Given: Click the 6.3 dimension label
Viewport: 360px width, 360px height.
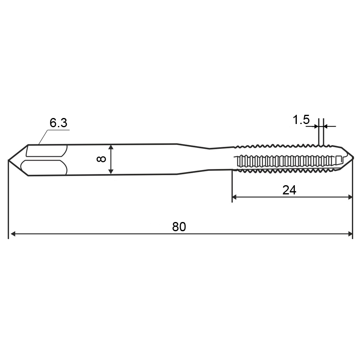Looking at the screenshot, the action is [x=58, y=123].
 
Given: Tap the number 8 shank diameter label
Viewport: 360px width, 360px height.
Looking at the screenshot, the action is [x=101, y=159].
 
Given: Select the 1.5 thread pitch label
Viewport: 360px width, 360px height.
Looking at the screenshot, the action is [x=301, y=120].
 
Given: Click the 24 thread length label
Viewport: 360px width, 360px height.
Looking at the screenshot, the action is [x=289, y=190].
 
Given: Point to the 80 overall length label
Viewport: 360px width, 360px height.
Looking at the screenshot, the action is [x=179, y=227].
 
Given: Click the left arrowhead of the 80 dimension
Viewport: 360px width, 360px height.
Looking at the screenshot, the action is [x=13, y=234].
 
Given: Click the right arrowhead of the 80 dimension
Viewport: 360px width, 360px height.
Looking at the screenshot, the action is [x=350, y=234].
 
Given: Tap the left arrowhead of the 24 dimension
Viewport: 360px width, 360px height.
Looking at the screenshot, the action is [x=235, y=197].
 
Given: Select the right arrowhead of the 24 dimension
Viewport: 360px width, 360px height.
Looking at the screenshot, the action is [x=350, y=197].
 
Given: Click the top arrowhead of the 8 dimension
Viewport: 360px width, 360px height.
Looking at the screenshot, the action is [x=111, y=147].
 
